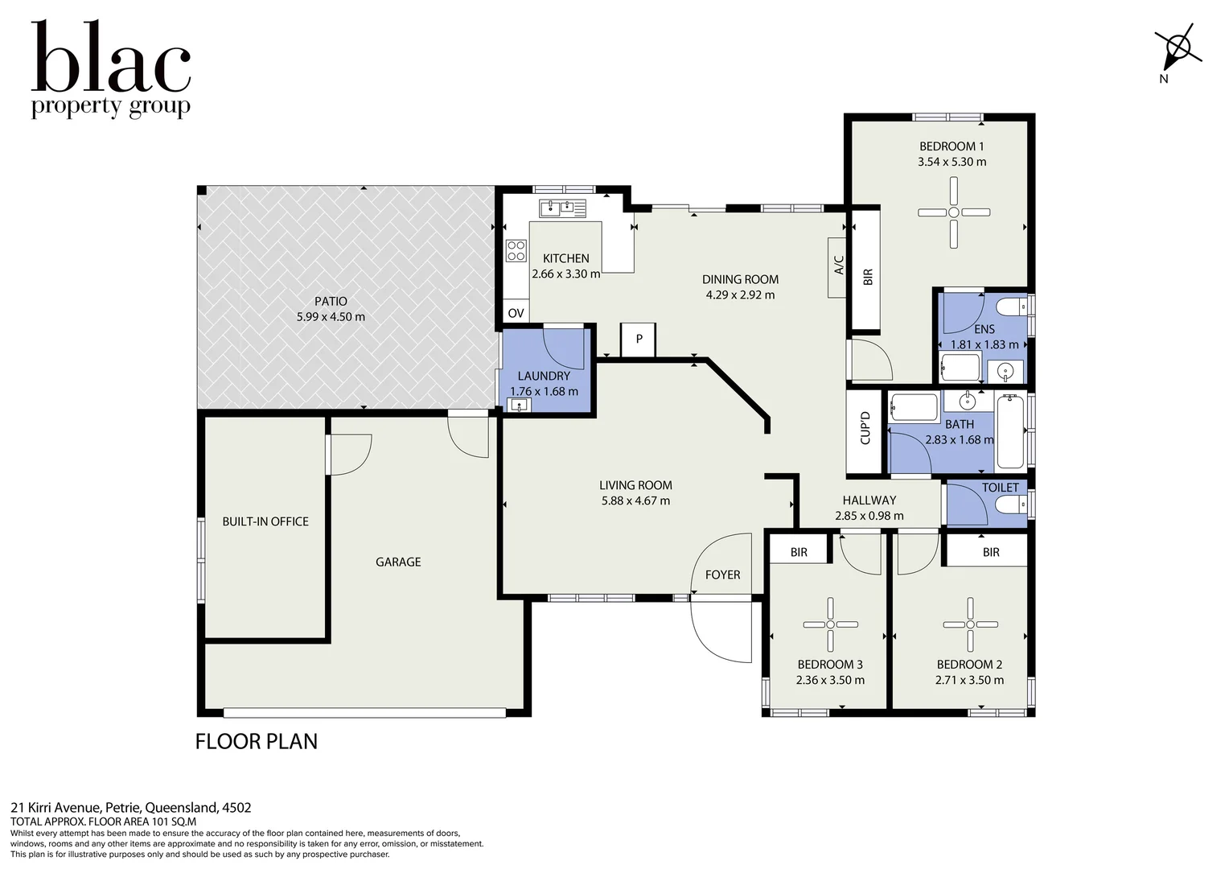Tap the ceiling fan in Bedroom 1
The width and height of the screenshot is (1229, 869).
click(953, 212)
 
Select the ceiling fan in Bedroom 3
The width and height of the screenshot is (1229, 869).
click(831, 624)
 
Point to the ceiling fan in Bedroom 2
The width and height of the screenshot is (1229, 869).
click(970, 624)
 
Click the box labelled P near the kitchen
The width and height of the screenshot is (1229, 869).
click(639, 340)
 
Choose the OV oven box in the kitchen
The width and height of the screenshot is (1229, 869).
click(516, 313)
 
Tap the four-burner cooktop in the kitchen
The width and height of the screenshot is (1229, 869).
click(516, 251)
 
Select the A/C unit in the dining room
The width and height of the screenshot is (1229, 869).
click(838, 266)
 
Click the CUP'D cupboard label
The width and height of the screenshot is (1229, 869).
click(865, 428)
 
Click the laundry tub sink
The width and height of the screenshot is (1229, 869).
click(520, 405)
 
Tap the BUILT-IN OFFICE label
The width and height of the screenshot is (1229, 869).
click(265, 521)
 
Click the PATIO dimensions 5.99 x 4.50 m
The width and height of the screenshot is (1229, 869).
click(331, 317)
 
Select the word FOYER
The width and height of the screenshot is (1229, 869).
click(722, 575)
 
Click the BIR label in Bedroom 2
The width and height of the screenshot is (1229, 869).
click(990, 552)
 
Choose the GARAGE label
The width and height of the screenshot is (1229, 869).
click(398, 562)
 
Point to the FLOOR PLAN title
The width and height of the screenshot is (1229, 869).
click(257, 741)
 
